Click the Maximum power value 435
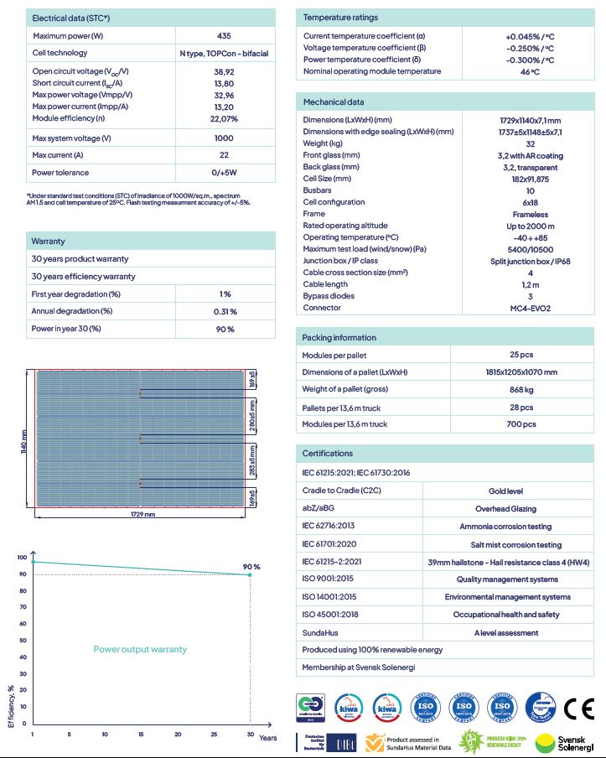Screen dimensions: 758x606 click(x=224, y=36)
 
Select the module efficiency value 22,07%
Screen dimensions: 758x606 click(x=224, y=119)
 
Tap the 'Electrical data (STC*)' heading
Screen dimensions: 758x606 click(x=71, y=18)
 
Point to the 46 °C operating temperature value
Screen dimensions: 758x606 click(x=530, y=72)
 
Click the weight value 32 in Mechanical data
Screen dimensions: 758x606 click(x=530, y=143)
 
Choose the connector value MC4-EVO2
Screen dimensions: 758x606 click(x=530, y=308)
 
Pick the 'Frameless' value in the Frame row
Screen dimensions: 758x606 click(x=530, y=214)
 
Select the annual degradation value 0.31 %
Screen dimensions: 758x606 click(x=225, y=311)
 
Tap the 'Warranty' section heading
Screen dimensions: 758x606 click(x=49, y=241)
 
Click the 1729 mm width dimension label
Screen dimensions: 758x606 click(x=142, y=514)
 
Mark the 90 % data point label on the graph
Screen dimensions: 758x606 click(x=251, y=567)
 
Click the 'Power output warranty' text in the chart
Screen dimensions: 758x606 click(x=140, y=649)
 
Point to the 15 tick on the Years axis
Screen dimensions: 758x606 click(x=141, y=735)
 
